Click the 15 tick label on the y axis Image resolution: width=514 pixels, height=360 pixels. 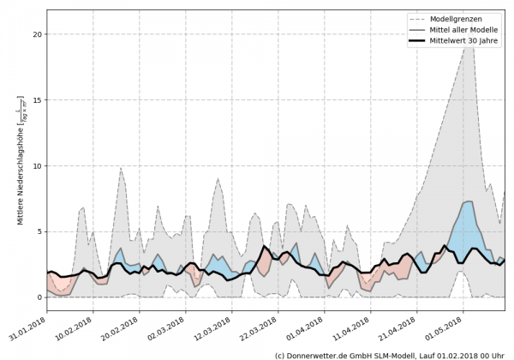click(x=38, y=99)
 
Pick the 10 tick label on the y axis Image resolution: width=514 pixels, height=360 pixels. click(x=38, y=165)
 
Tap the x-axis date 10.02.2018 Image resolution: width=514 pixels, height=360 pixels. click(x=75, y=327)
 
